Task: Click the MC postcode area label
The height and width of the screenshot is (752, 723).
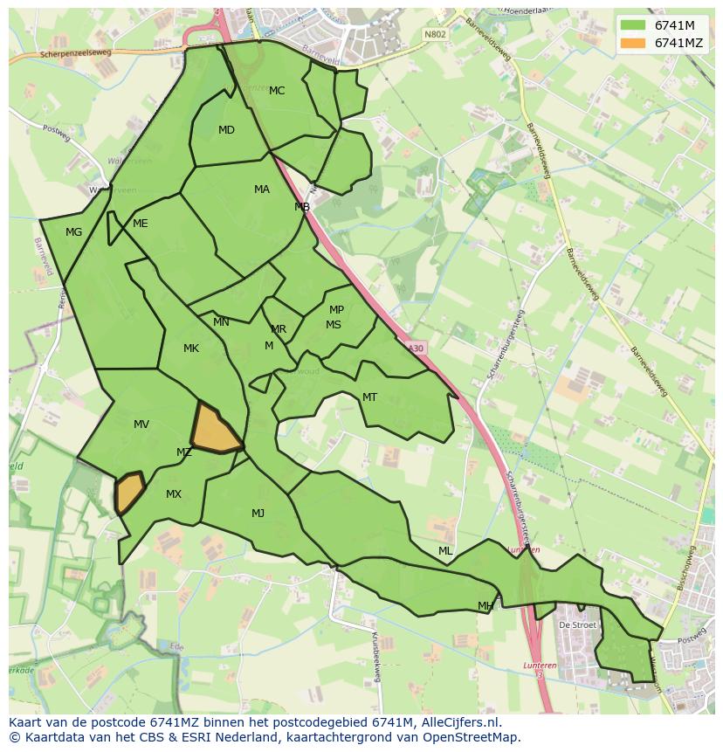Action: click(277, 91)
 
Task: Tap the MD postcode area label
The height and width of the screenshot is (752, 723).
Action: click(226, 130)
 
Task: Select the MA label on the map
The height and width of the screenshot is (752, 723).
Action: click(262, 190)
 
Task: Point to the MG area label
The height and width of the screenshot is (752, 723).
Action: click(73, 232)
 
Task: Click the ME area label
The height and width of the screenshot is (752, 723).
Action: click(140, 224)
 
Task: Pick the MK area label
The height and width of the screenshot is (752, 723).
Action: click(191, 348)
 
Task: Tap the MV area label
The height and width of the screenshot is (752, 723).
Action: click(141, 424)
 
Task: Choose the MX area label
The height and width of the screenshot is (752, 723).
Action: click(174, 494)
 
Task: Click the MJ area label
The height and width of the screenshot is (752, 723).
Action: click(258, 514)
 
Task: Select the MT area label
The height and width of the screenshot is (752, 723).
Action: click(369, 397)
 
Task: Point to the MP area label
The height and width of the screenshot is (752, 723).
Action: click(336, 310)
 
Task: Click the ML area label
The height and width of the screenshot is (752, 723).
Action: click(445, 551)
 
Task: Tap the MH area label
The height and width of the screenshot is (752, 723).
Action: click(485, 606)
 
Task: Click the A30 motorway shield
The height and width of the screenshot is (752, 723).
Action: click(416, 348)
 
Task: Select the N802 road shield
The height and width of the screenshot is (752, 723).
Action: click(434, 34)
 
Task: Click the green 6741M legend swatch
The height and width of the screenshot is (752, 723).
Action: click(633, 25)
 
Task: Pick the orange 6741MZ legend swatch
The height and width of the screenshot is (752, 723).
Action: click(633, 43)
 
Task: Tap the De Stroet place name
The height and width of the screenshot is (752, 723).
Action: click(577, 625)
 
